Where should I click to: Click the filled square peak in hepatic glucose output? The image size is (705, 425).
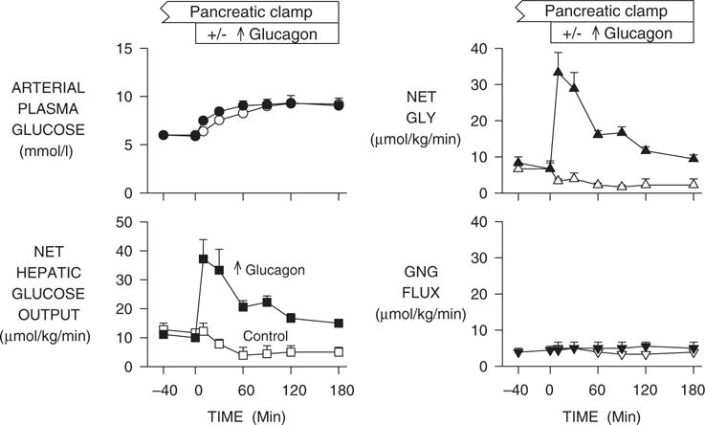(x=203, y=259)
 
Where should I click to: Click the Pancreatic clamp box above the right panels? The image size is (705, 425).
(x=604, y=12)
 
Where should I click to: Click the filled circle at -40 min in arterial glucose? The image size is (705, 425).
(x=164, y=136)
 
